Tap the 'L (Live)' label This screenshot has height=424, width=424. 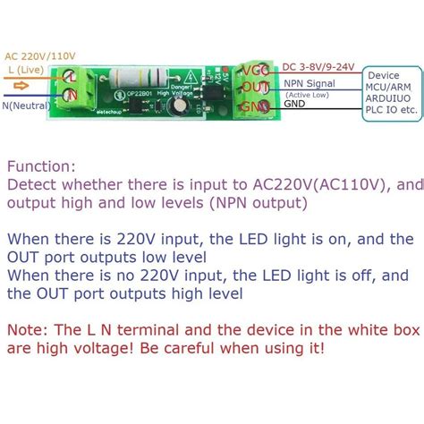(24, 68)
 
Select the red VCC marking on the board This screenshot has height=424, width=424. (258, 68)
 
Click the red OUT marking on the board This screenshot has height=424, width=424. (257, 87)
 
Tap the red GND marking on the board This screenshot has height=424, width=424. (257, 107)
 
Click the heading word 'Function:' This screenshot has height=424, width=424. (41, 166)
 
